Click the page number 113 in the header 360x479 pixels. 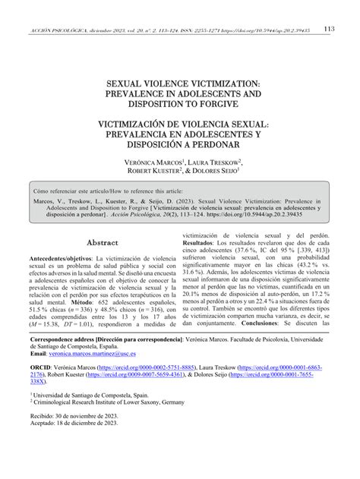pos(330,29)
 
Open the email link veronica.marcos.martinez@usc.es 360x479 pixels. pos(103,375)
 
